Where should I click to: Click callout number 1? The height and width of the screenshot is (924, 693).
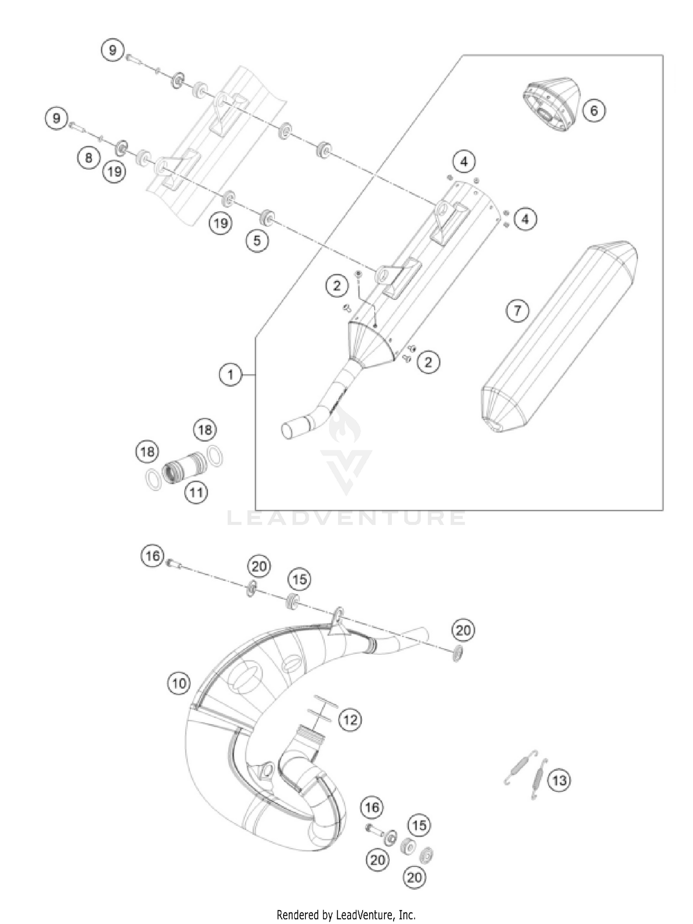[x=231, y=374]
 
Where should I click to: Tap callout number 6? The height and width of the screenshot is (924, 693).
[x=594, y=110]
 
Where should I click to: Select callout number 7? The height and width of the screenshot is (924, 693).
[x=517, y=310]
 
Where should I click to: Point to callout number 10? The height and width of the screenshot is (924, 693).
[x=179, y=683]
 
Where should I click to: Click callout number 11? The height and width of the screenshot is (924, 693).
[x=196, y=492]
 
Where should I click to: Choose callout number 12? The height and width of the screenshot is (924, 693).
[x=350, y=719]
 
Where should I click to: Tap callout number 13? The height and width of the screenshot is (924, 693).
[x=559, y=780]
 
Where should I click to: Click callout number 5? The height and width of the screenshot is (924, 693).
[x=257, y=240]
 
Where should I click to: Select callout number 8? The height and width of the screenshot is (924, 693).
[x=88, y=158]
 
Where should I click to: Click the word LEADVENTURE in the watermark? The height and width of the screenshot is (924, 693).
[x=346, y=518]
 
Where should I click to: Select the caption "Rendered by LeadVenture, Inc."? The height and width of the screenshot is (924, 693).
[x=346, y=901]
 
